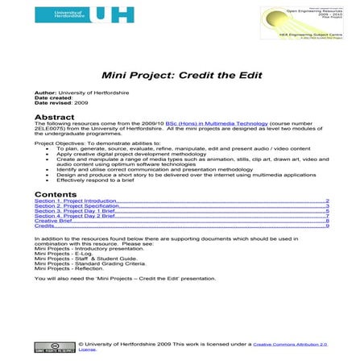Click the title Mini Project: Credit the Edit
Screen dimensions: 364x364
[181, 75]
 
